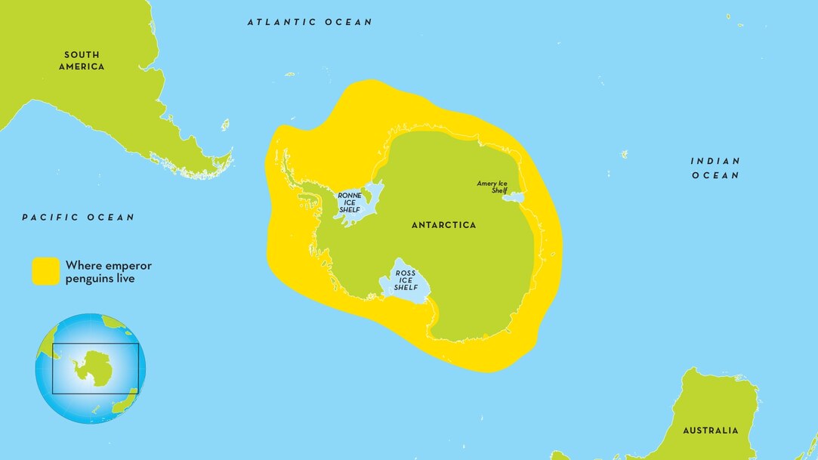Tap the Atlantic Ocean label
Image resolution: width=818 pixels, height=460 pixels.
pyautogui.click(x=310, y=23)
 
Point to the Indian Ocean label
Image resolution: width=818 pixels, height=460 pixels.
pyautogui.click(x=715, y=168)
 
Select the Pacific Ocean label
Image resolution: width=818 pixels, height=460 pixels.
pyautogui.click(x=79, y=218)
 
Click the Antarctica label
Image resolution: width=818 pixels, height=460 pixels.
pyautogui.click(x=443, y=225)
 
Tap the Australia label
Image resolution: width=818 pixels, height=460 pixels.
pyautogui.click(x=711, y=431)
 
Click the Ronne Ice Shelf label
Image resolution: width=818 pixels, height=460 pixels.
pyautogui.click(x=349, y=202)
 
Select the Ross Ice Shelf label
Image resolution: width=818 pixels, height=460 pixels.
pyautogui.click(x=406, y=279)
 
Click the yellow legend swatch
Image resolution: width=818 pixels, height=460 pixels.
pyautogui.click(x=45, y=271)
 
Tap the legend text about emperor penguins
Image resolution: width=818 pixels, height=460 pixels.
pyautogui.click(x=109, y=272)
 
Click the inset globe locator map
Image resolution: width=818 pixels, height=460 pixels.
pyautogui.click(x=91, y=369)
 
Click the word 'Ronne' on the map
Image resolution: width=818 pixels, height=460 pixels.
pyautogui.click(x=349, y=196)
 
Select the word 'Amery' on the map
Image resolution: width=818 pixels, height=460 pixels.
pyautogui.click(x=488, y=184)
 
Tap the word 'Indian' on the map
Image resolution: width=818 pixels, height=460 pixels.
pyautogui.click(x=715, y=161)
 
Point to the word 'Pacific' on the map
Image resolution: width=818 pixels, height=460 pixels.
pyautogui.click(x=51, y=218)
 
